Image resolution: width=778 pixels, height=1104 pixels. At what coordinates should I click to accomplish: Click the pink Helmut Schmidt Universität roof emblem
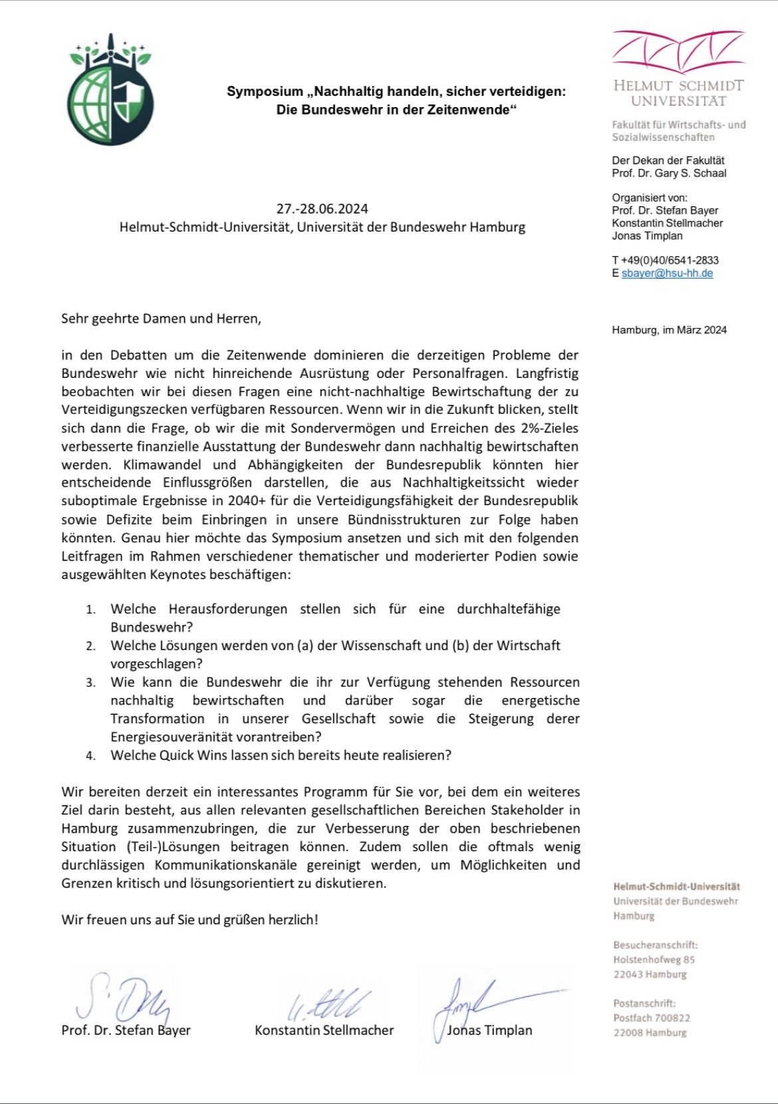tap(678, 51)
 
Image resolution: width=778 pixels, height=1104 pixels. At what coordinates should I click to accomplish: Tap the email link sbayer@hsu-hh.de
tap(667, 273)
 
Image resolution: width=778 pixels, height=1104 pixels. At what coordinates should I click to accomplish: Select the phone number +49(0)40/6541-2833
tap(670, 260)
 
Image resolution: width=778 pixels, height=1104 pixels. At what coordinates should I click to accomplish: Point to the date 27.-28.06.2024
tap(322, 208)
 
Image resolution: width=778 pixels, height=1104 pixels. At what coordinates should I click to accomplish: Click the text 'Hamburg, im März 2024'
tap(669, 330)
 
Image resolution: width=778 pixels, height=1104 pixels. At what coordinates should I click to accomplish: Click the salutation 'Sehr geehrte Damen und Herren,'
tap(161, 319)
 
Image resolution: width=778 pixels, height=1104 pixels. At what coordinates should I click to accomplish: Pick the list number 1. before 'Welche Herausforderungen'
tap(91, 610)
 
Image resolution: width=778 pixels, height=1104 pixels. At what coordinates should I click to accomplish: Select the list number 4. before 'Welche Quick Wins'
tap(91, 756)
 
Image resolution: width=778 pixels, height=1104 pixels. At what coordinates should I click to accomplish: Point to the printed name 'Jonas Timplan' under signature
tap(489, 1030)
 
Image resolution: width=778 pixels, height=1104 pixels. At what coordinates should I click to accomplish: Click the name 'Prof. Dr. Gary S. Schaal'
tap(669, 173)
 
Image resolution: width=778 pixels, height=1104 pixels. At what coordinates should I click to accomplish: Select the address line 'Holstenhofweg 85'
tap(654, 960)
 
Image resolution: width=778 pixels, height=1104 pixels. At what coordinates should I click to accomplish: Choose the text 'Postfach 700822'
tap(652, 1018)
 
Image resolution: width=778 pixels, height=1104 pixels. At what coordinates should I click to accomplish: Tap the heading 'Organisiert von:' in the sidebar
tap(650, 198)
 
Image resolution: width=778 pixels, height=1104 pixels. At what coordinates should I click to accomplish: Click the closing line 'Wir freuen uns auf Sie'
tap(190, 920)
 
